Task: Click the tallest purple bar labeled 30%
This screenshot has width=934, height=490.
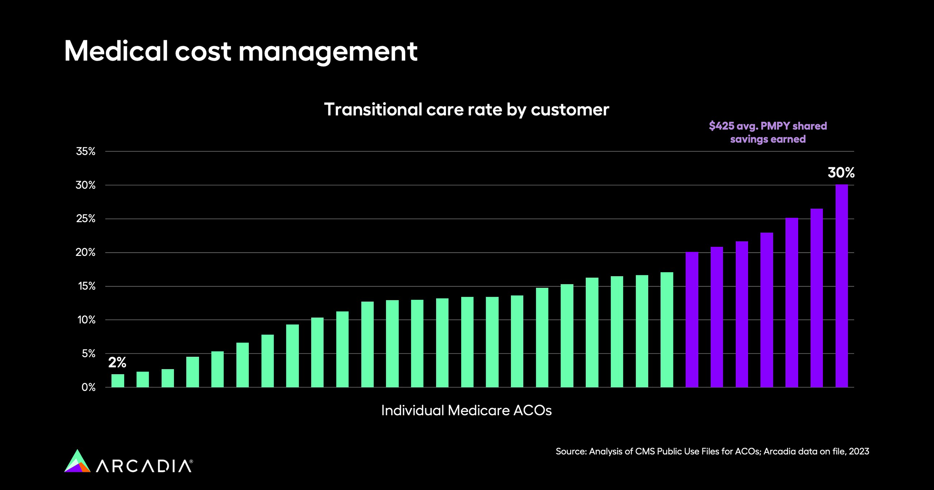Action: [x=841, y=286]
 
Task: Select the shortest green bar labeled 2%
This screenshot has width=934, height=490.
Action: [x=118, y=381]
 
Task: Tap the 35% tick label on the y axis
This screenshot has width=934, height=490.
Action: [x=86, y=152]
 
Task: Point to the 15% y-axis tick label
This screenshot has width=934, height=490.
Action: [x=86, y=287]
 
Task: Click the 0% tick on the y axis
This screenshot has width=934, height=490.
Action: [x=88, y=387]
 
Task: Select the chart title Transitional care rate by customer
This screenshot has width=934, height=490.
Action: [x=466, y=110]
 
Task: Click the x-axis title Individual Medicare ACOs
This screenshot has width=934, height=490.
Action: [x=466, y=411]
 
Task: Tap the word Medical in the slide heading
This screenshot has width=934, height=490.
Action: [x=116, y=51]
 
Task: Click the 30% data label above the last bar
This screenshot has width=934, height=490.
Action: [x=841, y=173]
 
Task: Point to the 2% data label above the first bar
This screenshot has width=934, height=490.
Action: [x=117, y=362]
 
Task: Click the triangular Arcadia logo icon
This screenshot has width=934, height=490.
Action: [x=77, y=462]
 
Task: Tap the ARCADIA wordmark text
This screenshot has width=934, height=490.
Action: [x=144, y=466]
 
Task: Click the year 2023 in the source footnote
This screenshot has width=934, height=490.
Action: [x=859, y=451]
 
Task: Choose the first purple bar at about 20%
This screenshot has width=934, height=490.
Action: [x=692, y=320]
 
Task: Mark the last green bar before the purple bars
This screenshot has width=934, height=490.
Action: [x=667, y=330]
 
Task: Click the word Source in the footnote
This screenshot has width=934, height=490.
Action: [x=570, y=451]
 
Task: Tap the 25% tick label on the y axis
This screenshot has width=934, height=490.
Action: [x=86, y=219]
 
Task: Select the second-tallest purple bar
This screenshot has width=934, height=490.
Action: [x=816, y=298]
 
